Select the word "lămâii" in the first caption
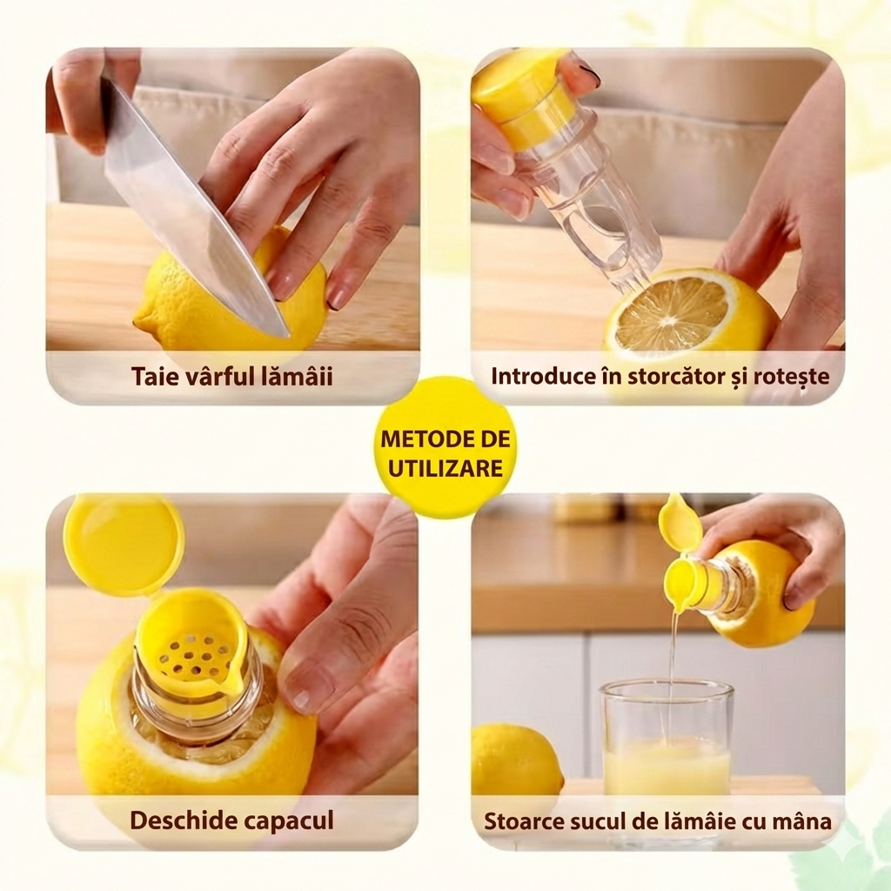303,376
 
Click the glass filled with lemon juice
667,739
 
